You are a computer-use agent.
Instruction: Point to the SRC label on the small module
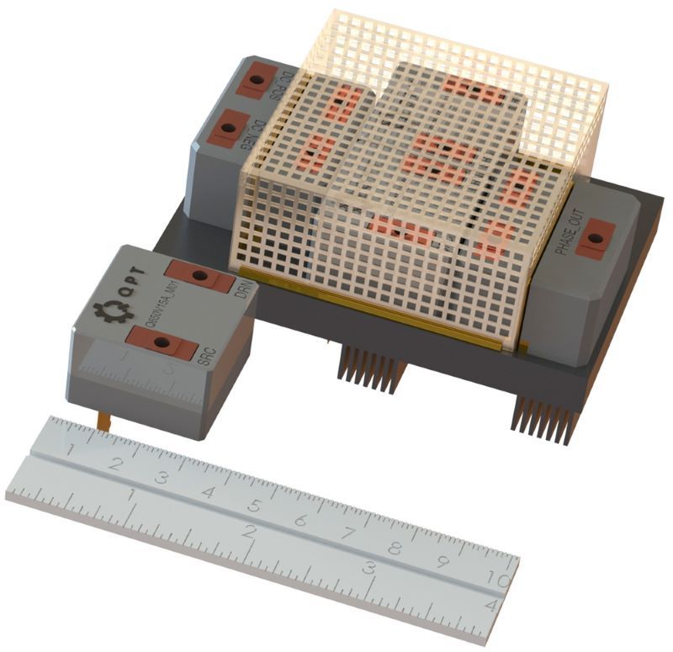206,357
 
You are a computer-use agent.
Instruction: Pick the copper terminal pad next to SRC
162,341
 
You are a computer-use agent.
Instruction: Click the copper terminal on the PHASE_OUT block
596,238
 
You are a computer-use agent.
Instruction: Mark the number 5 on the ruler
253,507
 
